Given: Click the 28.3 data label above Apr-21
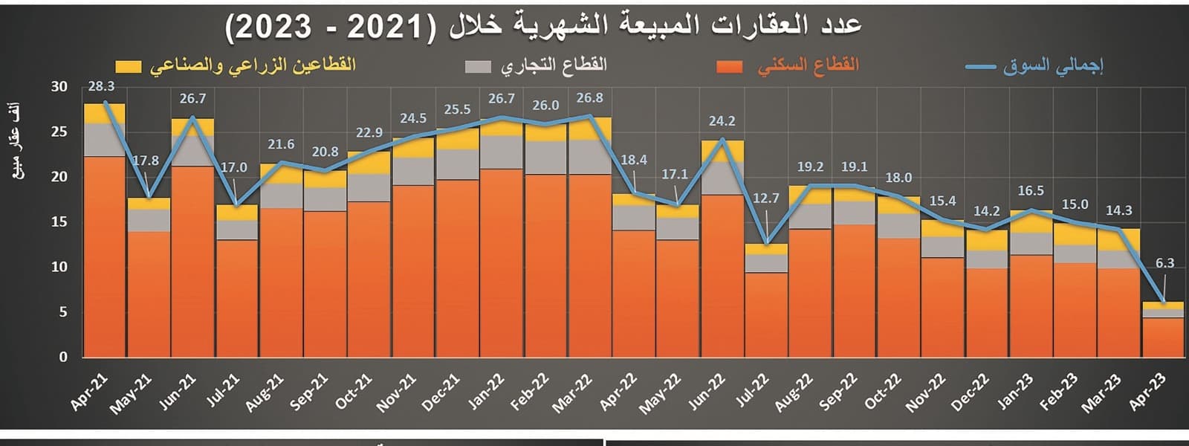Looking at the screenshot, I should (101, 87).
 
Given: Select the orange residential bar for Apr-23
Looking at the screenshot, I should (1163, 338).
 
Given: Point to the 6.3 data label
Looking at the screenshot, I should (1164, 263).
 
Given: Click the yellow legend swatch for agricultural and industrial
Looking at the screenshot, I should (128, 67).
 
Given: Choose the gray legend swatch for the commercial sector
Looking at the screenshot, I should (478, 67).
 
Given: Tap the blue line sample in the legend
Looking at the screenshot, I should (979, 67).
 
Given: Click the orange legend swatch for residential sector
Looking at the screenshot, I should (729, 67).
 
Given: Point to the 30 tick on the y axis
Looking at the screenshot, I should (59, 87).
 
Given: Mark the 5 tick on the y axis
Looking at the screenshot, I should (63, 312).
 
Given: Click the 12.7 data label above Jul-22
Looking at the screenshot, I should (765, 198).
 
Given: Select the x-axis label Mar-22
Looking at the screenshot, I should (572, 392).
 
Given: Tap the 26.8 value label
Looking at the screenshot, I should (589, 98).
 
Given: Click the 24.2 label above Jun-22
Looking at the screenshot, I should (722, 121).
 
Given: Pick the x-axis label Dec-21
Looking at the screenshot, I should (441, 392).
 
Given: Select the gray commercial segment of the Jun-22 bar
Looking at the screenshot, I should (722, 178).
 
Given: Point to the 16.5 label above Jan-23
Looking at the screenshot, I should (1030, 191).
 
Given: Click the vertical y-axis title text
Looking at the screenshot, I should (18, 141).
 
